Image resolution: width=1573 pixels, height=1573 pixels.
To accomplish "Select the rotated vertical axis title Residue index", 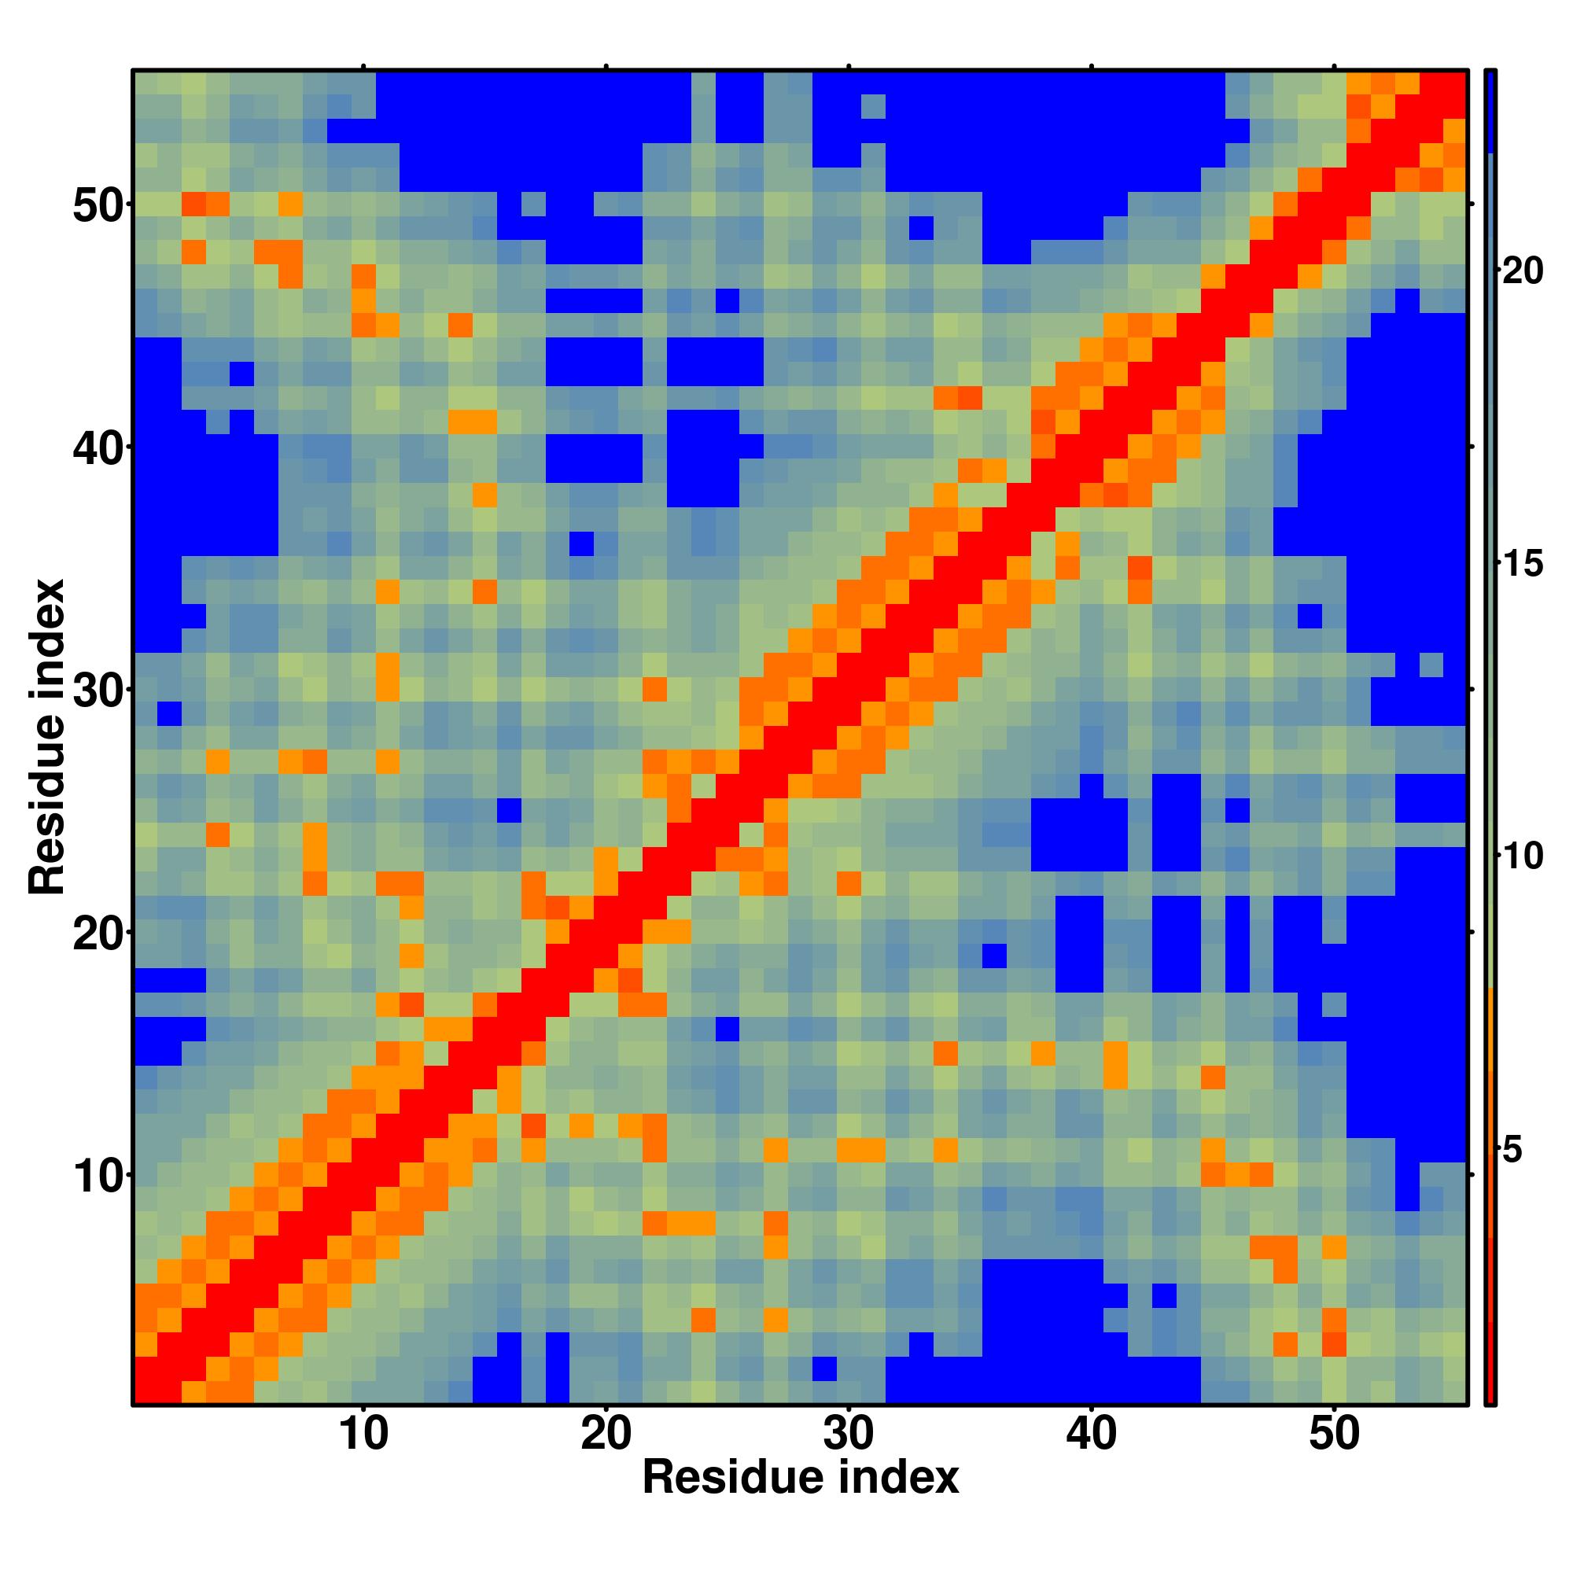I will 46,737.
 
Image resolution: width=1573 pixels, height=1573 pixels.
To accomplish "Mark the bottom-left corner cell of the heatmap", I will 146,1393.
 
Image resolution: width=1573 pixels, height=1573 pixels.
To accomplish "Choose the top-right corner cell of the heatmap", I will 1455,83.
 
